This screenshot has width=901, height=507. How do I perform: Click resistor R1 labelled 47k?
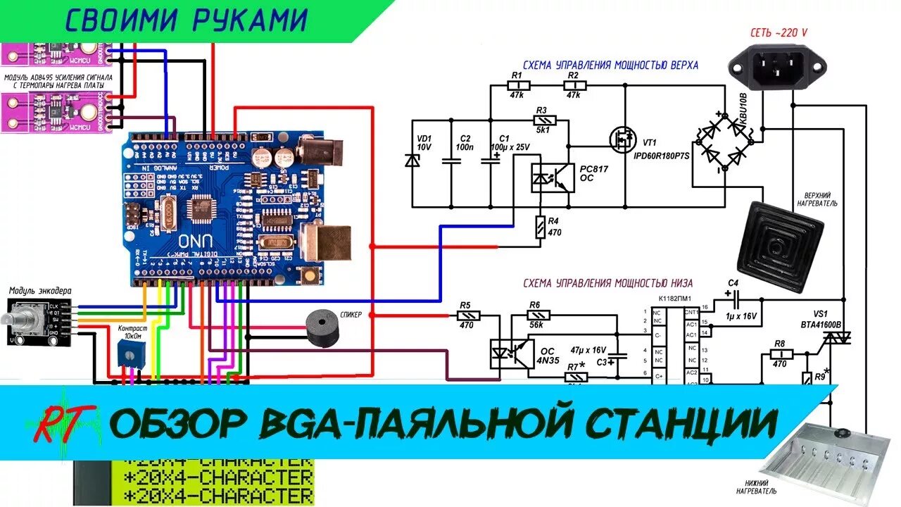517,86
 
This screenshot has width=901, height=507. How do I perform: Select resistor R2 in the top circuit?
574,86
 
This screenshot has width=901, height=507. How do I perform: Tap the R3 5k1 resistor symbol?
542,120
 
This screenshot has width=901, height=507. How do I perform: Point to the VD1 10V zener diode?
412,160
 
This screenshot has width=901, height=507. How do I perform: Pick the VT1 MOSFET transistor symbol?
622,139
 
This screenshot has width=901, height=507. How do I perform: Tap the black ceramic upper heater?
779,246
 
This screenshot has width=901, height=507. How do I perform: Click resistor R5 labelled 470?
466,315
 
